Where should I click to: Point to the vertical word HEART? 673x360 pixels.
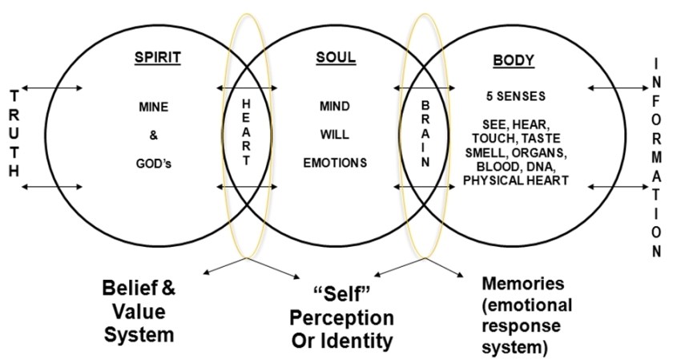click(x=246, y=131)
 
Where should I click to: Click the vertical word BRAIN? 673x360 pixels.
click(x=425, y=131)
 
